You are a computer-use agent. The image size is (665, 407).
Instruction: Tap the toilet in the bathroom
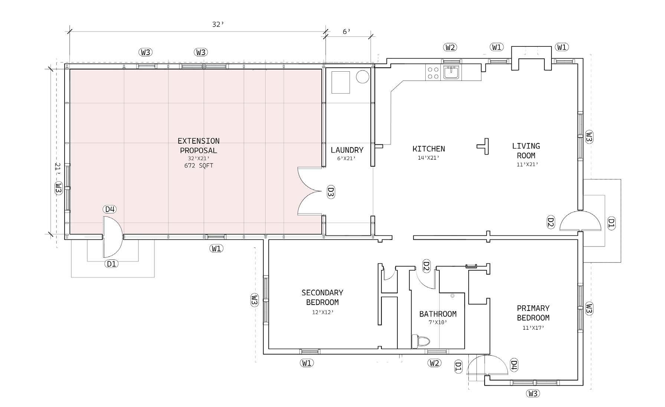click(420, 341)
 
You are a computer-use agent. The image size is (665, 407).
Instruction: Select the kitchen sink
click(451, 72)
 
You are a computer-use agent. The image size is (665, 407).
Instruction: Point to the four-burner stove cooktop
click(433, 72)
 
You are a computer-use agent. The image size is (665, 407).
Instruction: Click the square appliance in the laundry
click(341, 82)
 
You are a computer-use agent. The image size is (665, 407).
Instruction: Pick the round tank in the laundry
click(362, 77)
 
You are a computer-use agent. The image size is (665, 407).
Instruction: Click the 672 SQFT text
click(199, 166)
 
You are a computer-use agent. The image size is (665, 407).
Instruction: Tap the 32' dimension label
click(218, 25)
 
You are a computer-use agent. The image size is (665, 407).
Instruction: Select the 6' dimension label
click(346, 32)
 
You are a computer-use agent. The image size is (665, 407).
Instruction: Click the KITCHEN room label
click(429, 149)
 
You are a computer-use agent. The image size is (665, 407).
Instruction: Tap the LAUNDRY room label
click(347, 150)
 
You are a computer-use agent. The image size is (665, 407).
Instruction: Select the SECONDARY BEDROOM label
click(322, 297)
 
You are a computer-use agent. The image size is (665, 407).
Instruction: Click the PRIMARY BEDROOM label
click(533, 313)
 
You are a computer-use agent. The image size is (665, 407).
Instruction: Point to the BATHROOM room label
click(438, 314)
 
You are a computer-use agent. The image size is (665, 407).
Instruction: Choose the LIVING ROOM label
click(526, 151)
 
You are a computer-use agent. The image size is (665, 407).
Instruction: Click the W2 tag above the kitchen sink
click(450, 47)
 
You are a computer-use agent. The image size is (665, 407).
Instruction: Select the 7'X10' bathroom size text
click(438, 323)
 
